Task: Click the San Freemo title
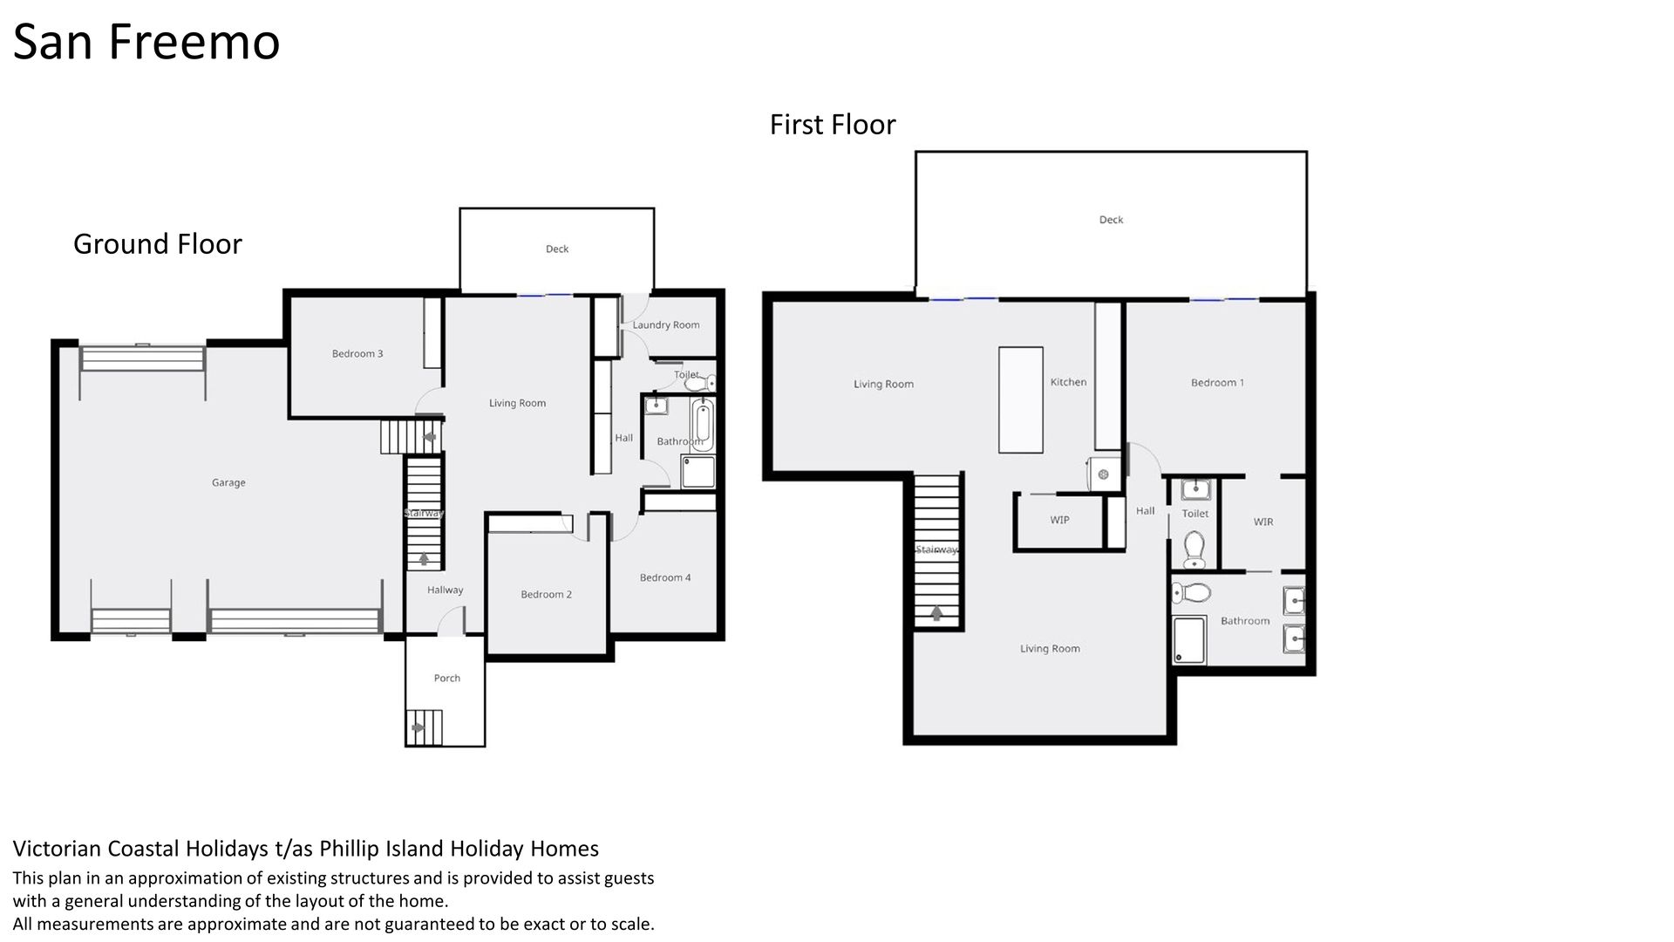(x=146, y=42)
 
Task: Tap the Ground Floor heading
(x=158, y=243)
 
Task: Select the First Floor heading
(x=833, y=125)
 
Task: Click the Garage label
(x=228, y=482)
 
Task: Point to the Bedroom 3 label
(x=357, y=353)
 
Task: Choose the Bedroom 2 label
(x=547, y=594)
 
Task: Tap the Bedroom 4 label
(x=665, y=577)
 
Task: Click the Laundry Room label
(x=666, y=325)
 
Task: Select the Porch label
(x=447, y=678)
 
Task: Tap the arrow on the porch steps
(x=418, y=727)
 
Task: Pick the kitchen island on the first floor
(x=1021, y=400)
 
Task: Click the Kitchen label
(x=1069, y=382)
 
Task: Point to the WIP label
(x=1060, y=520)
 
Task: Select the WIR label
(x=1263, y=522)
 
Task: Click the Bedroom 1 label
(x=1218, y=383)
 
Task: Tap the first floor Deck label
(x=1112, y=220)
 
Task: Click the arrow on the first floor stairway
(x=937, y=613)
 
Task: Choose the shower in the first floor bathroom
(x=1190, y=639)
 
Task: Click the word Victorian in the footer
(x=57, y=848)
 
